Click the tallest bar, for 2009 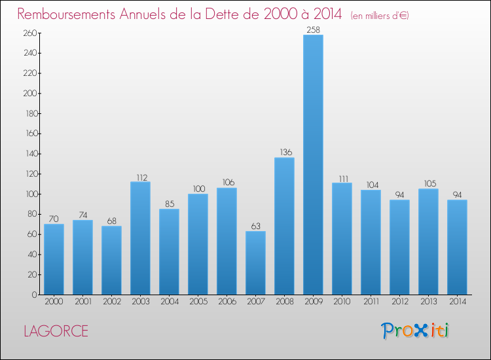[x=313, y=165]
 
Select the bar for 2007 [x=255, y=263]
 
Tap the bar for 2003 [x=140, y=238]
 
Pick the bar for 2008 [x=284, y=226]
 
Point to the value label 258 [x=313, y=29]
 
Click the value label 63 [x=255, y=226]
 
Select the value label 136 [x=284, y=153]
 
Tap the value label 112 [x=140, y=177]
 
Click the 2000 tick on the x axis [x=54, y=302]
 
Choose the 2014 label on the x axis [x=457, y=302]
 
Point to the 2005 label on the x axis [x=198, y=302]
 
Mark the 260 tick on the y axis [x=29, y=33]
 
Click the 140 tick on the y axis [x=29, y=154]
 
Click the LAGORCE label [x=56, y=331]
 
